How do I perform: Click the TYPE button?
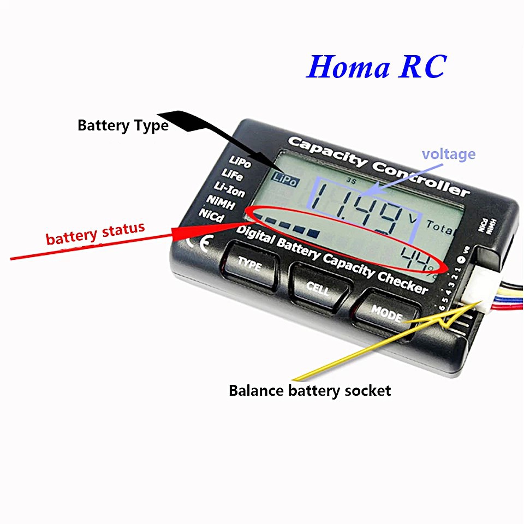(248, 265)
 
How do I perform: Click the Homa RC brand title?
(377, 67)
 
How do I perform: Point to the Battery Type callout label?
(123, 126)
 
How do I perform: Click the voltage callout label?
(448, 154)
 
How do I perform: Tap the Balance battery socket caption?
(309, 391)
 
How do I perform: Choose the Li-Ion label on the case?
(229, 190)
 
